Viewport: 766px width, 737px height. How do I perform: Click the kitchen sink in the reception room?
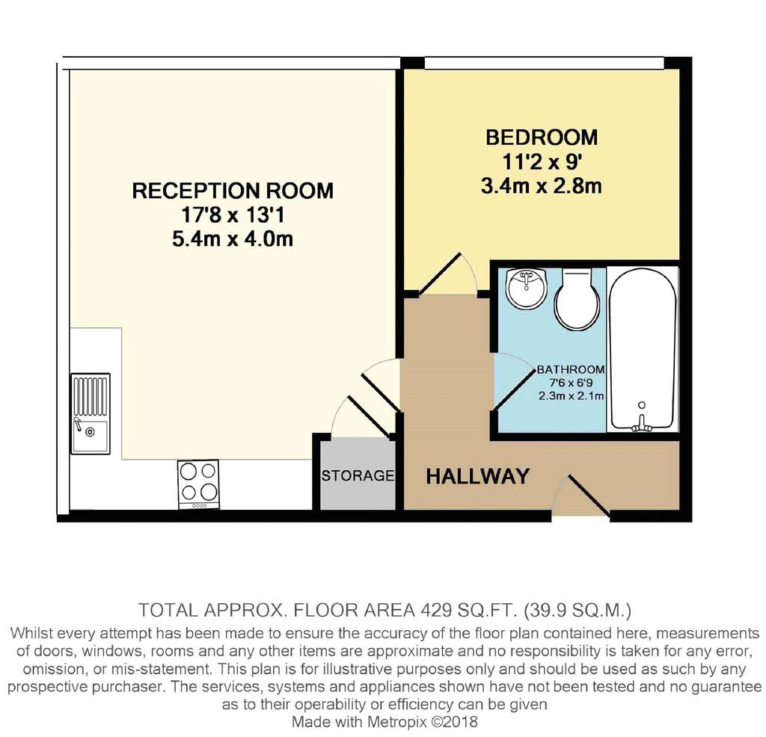click(x=91, y=413)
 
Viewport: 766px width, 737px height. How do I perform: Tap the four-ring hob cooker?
click(x=199, y=484)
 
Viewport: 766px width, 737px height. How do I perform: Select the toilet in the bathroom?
click(x=577, y=299)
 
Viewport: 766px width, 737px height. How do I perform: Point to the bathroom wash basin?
click(x=526, y=288)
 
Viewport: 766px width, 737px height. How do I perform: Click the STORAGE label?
click(x=358, y=475)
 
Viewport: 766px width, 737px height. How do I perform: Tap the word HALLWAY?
click(x=478, y=476)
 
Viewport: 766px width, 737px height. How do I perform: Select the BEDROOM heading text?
click(x=542, y=137)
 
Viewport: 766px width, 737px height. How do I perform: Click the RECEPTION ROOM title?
click(x=233, y=191)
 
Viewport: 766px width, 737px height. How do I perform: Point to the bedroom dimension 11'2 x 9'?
click(x=541, y=161)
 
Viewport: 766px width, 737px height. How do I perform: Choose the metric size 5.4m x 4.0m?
click(x=233, y=238)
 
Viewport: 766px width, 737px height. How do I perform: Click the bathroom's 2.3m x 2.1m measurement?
click(x=571, y=396)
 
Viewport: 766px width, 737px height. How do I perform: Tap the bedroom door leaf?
click(x=440, y=274)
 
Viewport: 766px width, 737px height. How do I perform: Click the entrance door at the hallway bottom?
click(x=589, y=494)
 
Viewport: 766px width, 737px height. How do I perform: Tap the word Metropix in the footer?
click(x=398, y=721)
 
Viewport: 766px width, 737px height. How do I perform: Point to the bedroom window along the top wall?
click(x=545, y=63)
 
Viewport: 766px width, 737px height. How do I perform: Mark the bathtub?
click(x=643, y=350)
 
